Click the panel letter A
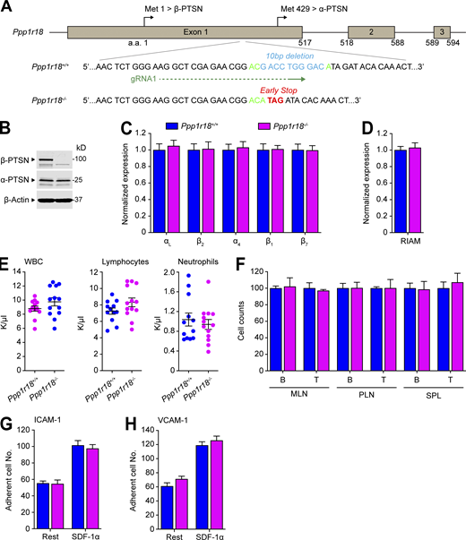point(7,8)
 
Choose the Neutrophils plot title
point(203,267)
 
